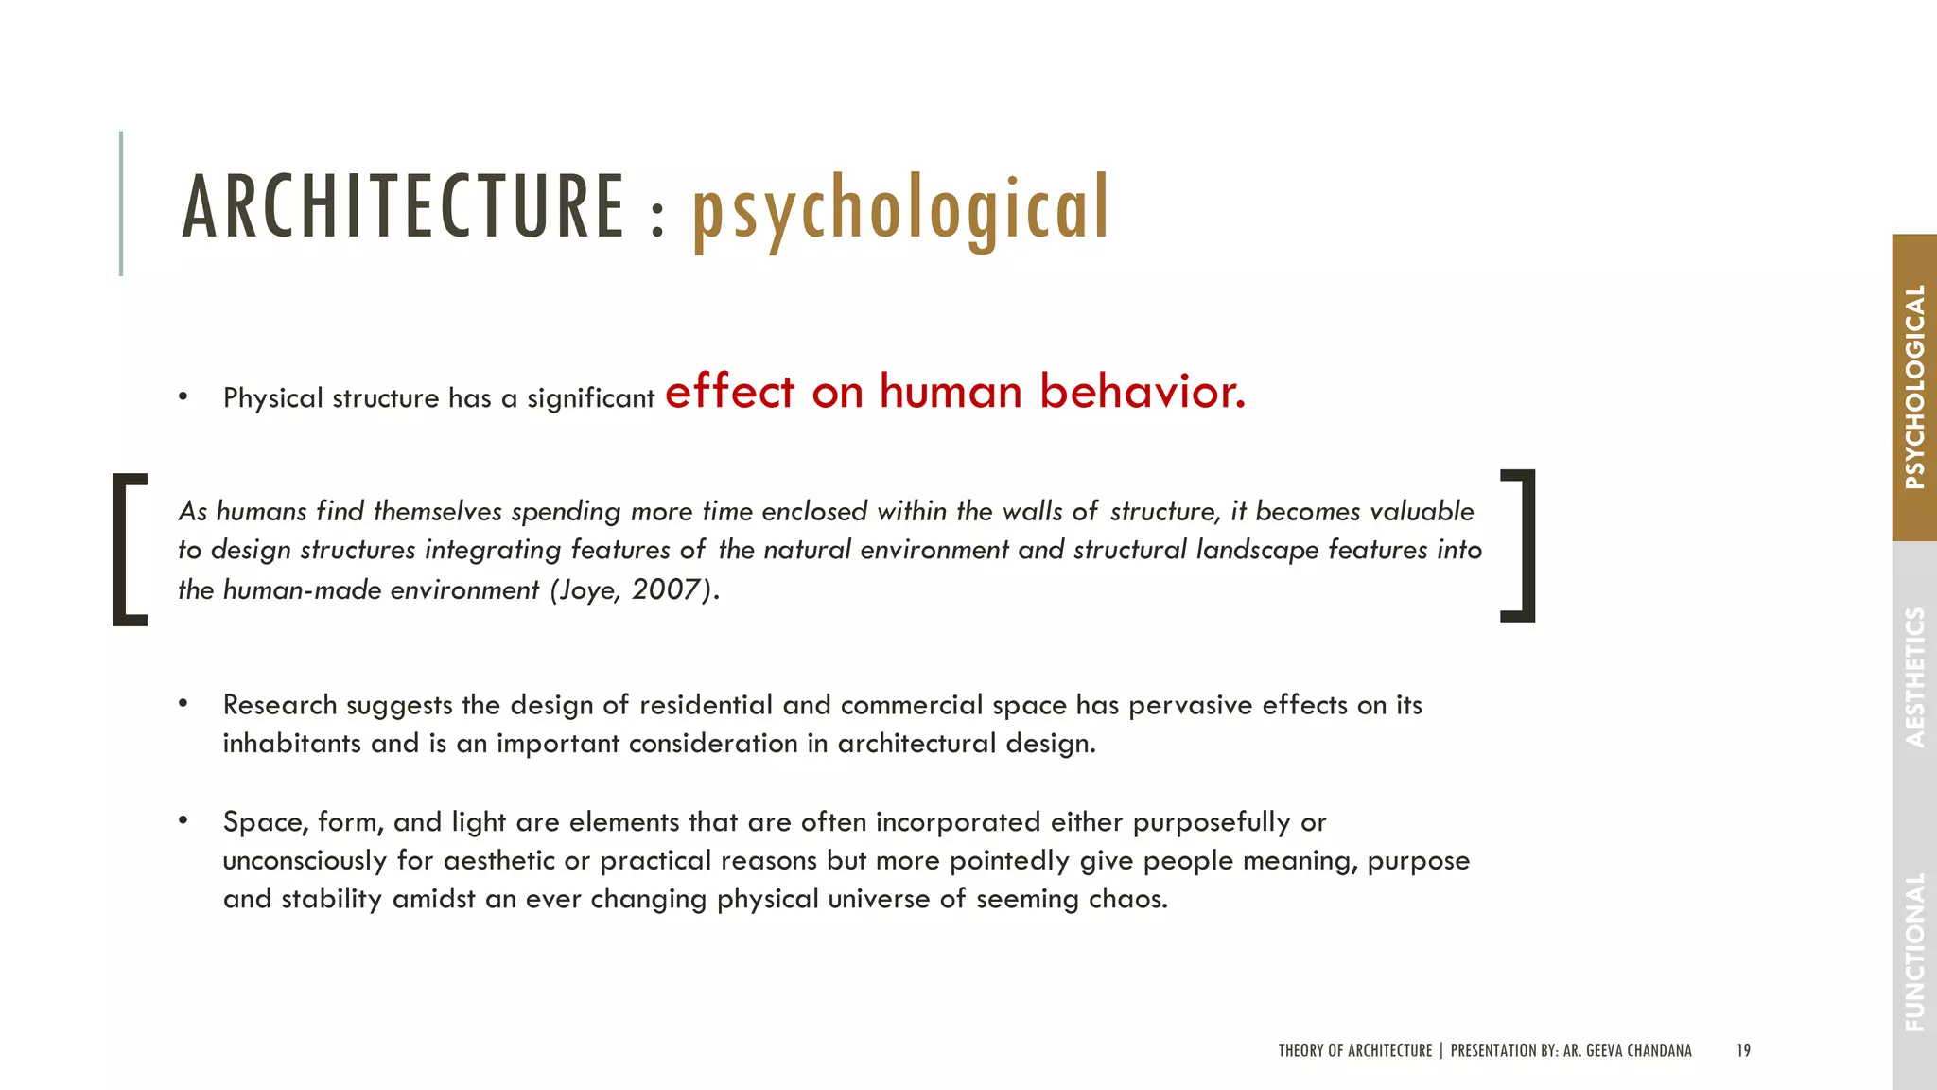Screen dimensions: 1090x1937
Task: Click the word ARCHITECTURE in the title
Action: coord(403,207)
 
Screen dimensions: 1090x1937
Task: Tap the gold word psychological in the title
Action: coord(900,210)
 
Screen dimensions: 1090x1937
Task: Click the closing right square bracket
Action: coord(1519,546)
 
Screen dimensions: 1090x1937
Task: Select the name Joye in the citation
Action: coord(589,590)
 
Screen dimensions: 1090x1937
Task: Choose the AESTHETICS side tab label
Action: coord(1914,677)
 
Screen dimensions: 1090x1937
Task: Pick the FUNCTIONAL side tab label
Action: coord(1914,951)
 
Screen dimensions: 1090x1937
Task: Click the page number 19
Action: coord(1743,1050)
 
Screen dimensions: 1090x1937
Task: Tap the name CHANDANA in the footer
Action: coord(1659,1050)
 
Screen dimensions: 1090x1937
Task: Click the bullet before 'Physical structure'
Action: coord(183,397)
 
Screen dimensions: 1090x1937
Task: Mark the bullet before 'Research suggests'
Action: coord(183,704)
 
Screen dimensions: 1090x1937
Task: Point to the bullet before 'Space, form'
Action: coord(183,820)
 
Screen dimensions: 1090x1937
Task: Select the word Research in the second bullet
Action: coord(280,705)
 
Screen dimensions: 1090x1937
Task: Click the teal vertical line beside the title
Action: coord(121,203)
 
